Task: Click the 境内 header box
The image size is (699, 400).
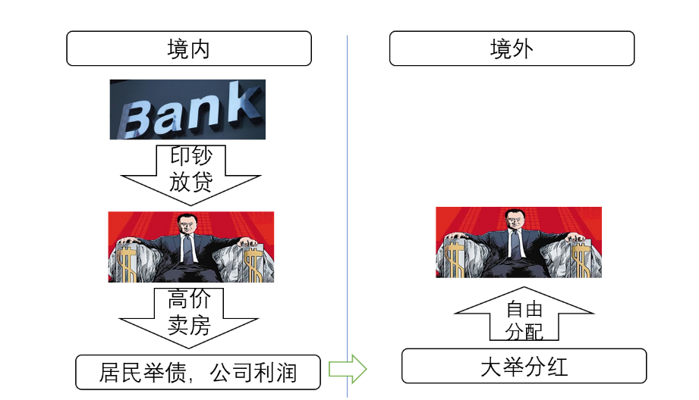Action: (x=189, y=48)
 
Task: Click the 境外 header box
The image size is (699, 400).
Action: (x=512, y=48)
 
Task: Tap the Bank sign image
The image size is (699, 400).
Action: (x=187, y=110)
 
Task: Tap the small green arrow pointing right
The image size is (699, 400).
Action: (x=347, y=370)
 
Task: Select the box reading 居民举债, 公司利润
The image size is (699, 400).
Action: (x=197, y=372)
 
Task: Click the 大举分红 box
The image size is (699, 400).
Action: (x=524, y=367)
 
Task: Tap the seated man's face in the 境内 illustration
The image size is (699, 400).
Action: (x=186, y=226)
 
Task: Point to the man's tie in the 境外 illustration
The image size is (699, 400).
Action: (x=515, y=244)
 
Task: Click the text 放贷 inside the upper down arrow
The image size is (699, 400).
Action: (x=190, y=182)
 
